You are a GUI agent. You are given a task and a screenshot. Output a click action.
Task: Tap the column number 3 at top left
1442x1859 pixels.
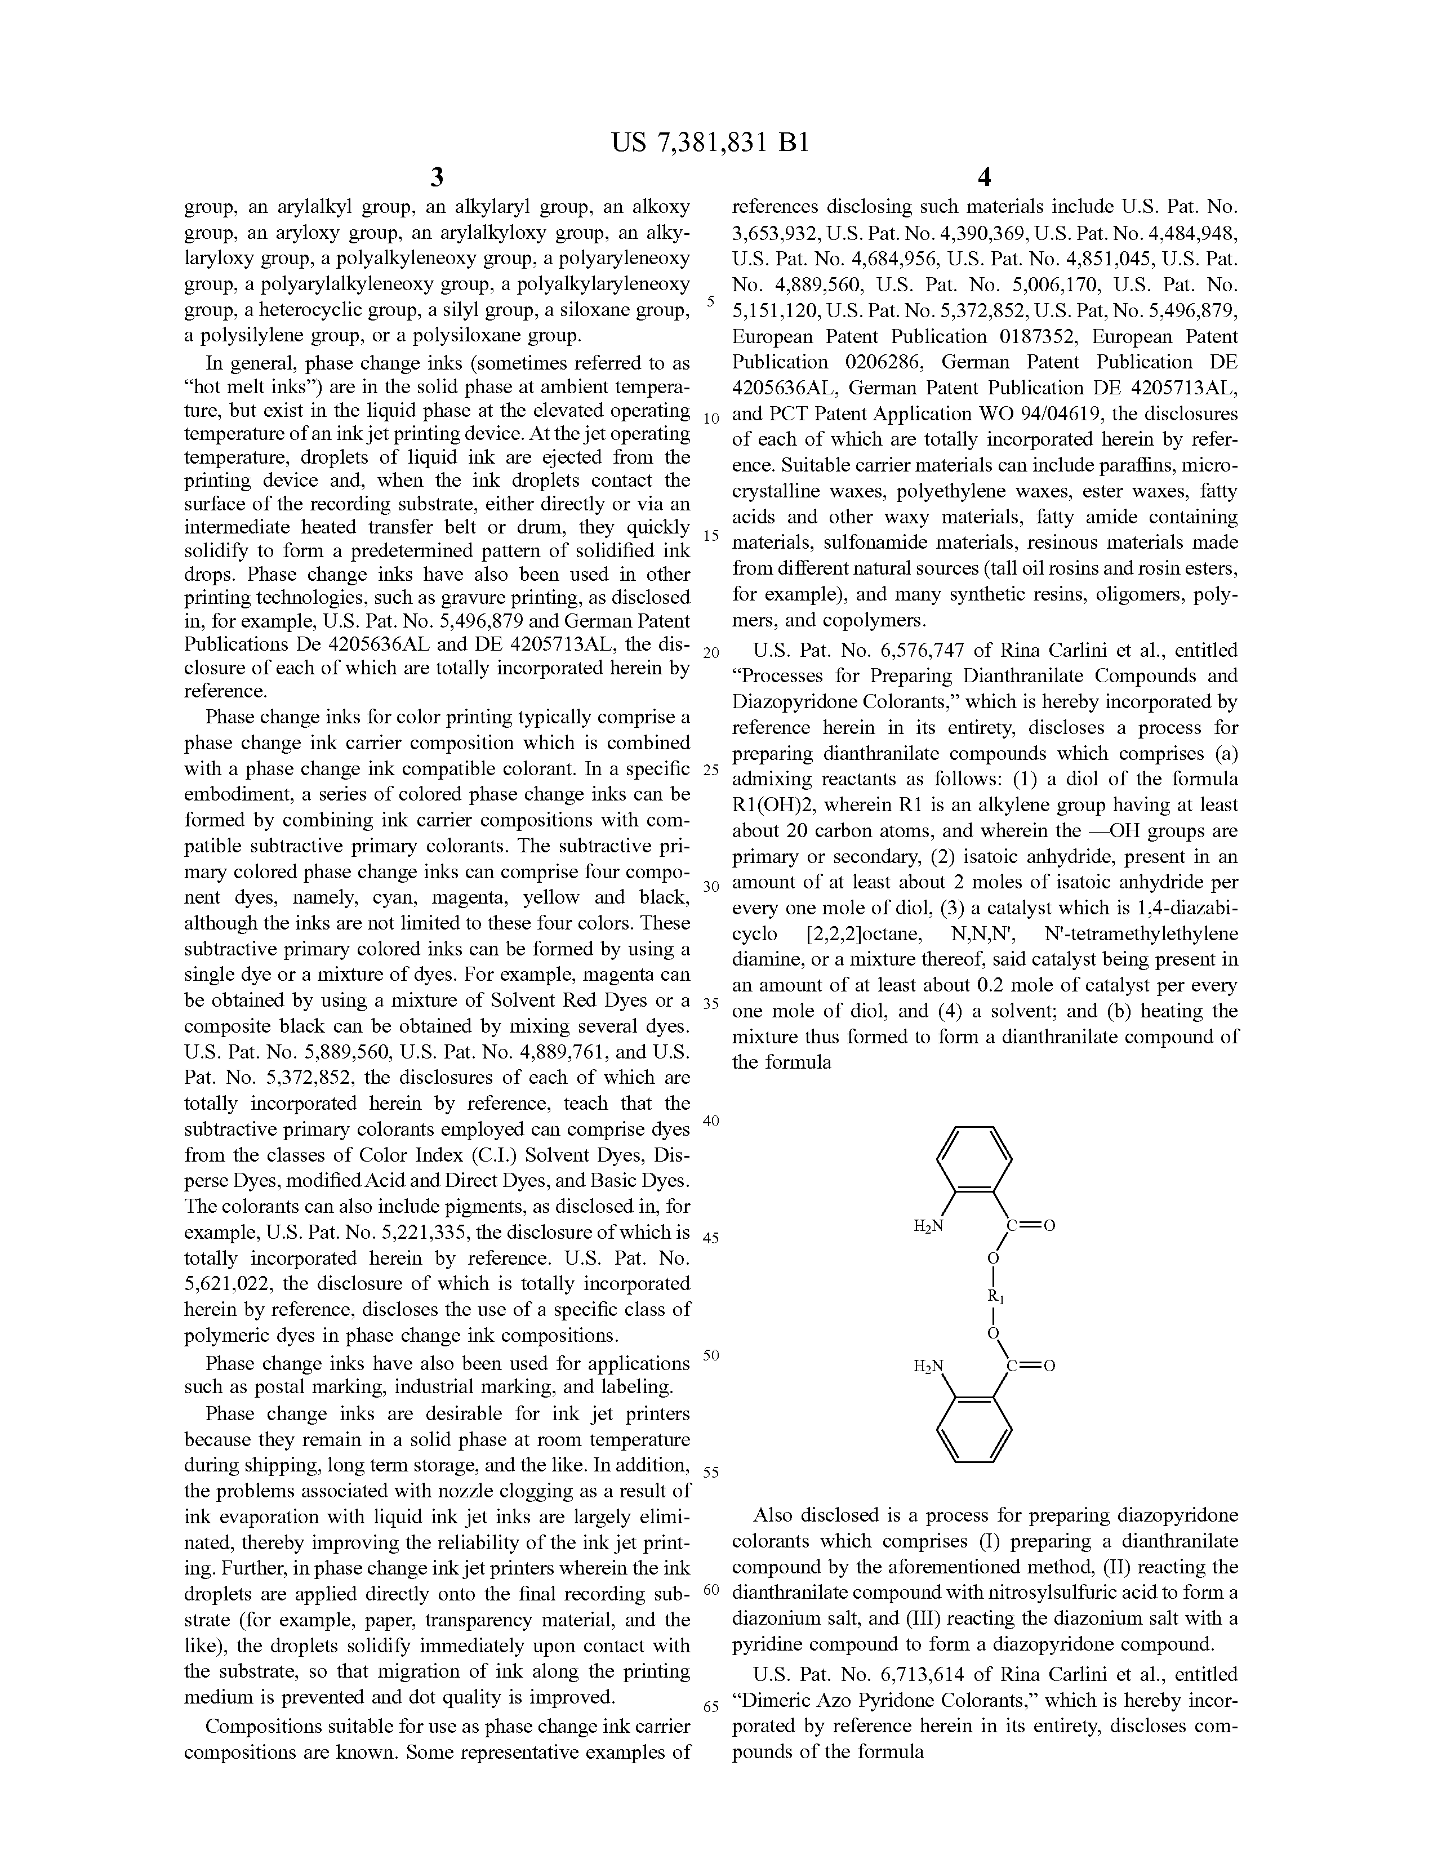(x=437, y=178)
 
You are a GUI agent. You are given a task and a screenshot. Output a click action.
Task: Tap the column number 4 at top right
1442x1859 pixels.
(x=985, y=178)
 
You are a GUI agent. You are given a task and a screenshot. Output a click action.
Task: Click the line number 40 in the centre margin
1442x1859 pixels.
(x=711, y=1121)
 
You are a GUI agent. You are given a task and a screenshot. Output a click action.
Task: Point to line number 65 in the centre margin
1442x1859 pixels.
(x=711, y=1707)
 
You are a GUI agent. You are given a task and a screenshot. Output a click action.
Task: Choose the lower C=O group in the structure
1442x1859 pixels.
(x=1031, y=1366)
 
